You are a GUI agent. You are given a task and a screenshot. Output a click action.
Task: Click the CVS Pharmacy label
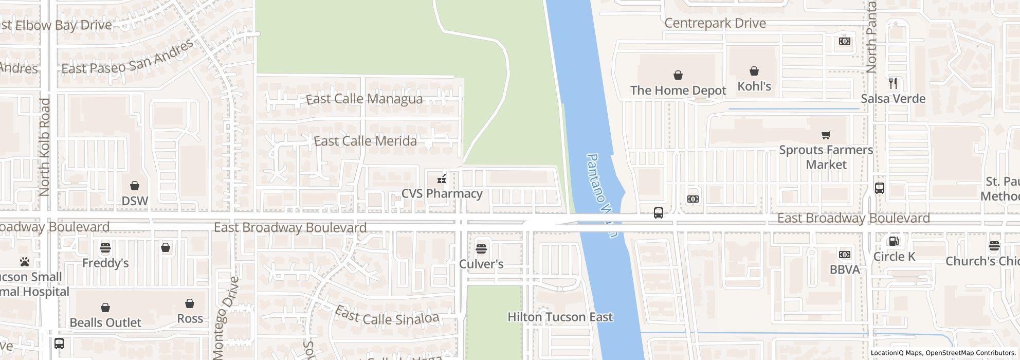click(442, 194)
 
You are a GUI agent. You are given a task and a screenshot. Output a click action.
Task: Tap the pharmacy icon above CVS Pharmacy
click(441, 179)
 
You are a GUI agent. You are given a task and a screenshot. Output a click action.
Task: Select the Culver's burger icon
click(481, 249)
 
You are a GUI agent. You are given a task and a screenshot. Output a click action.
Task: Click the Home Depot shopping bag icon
click(678, 76)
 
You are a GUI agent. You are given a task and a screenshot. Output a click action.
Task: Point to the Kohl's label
click(754, 86)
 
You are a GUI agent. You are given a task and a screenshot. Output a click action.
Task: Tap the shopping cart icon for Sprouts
click(826, 135)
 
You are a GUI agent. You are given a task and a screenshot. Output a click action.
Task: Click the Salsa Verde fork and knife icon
click(893, 83)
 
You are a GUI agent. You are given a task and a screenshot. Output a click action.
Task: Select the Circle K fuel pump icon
click(894, 241)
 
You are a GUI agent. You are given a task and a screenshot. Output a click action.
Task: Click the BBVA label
click(844, 269)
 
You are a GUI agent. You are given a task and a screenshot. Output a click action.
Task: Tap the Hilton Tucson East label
click(560, 317)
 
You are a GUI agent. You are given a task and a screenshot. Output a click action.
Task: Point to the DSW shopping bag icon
click(135, 186)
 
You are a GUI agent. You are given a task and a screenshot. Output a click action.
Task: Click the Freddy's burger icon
click(105, 248)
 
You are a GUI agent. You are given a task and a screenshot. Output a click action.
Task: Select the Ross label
click(190, 319)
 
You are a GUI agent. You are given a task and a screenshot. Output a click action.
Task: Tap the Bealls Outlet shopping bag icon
click(105, 308)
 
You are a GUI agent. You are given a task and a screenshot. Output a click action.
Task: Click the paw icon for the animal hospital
click(25, 262)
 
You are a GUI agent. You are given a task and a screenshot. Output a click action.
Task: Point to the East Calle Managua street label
click(364, 99)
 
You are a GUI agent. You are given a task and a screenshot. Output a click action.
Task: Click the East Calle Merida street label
click(365, 141)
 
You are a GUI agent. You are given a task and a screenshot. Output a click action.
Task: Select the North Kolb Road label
click(45, 147)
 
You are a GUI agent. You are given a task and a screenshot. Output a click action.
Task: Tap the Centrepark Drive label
click(715, 24)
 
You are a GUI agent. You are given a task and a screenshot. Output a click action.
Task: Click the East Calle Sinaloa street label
click(387, 316)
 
